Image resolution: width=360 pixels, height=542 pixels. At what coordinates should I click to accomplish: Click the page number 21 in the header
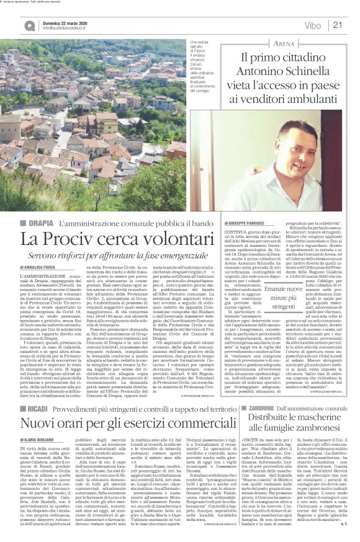point(338,25)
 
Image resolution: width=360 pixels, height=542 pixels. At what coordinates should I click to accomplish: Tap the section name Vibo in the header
point(313,25)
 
